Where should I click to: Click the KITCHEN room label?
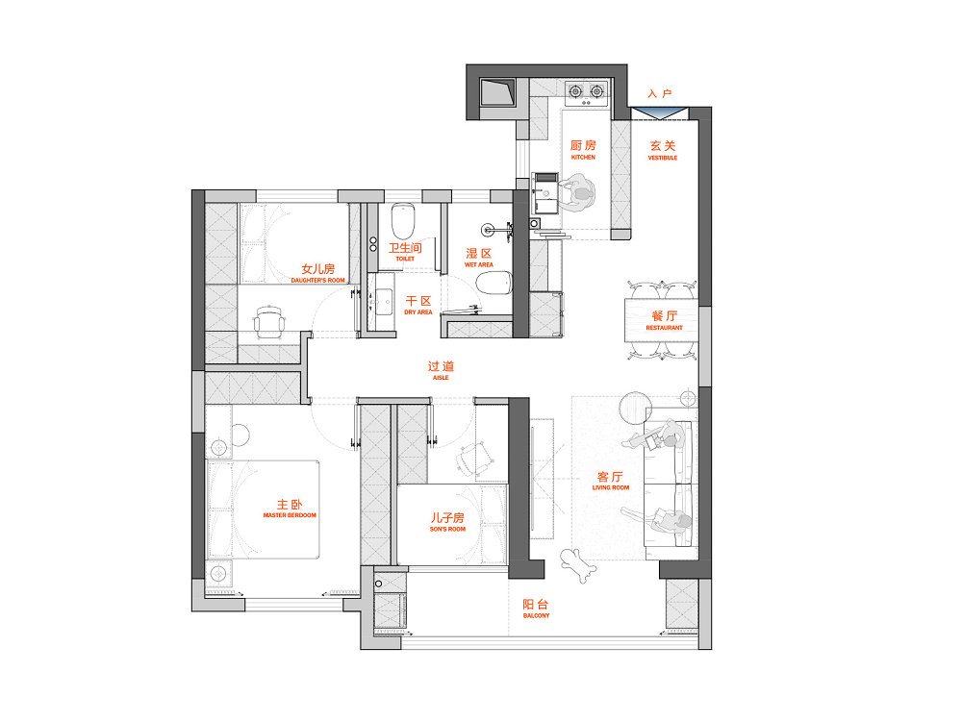(583, 157)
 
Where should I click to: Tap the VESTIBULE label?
(663, 158)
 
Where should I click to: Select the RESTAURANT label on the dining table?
(664, 328)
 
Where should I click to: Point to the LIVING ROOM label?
(611, 487)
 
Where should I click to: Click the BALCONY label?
(536, 615)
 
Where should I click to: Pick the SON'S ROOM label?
(447, 529)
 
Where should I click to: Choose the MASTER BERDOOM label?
(290, 515)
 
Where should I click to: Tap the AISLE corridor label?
(441, 378)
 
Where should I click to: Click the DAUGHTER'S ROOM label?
(317, 280)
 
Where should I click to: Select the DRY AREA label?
(418, 312)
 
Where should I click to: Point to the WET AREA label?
(478, 265)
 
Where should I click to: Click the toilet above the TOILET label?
(403, 221)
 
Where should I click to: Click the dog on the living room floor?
(577, 565)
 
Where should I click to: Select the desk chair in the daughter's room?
(269, 321)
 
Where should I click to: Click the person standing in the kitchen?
(577, 192)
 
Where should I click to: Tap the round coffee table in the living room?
(634, 408)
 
